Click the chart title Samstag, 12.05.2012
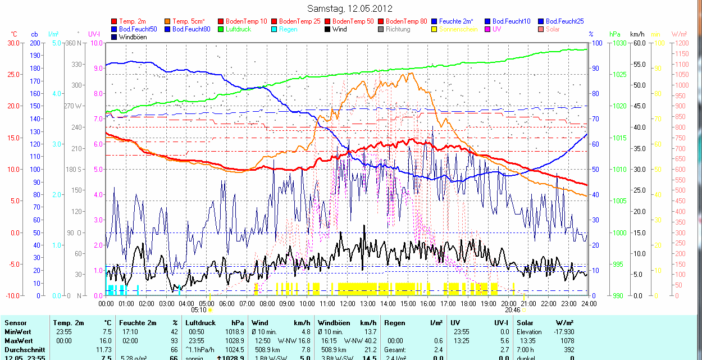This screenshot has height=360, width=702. [350, 8]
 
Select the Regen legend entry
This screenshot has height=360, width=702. [288, 29]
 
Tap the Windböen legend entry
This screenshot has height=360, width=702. [133, 37]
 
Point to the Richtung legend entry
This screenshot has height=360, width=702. [398, 29]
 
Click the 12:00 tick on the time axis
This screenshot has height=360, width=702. [347, 304]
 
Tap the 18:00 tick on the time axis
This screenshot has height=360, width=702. [468, 304]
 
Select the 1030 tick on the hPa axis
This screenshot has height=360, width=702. [619, 43]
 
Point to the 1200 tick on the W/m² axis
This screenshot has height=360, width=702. [681, 43]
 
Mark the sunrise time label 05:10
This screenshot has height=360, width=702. [199, 309]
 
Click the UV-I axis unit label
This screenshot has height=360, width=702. [94, 34]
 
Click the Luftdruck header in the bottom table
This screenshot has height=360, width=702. [200, 323]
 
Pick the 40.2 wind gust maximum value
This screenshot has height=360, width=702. [368, 341]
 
